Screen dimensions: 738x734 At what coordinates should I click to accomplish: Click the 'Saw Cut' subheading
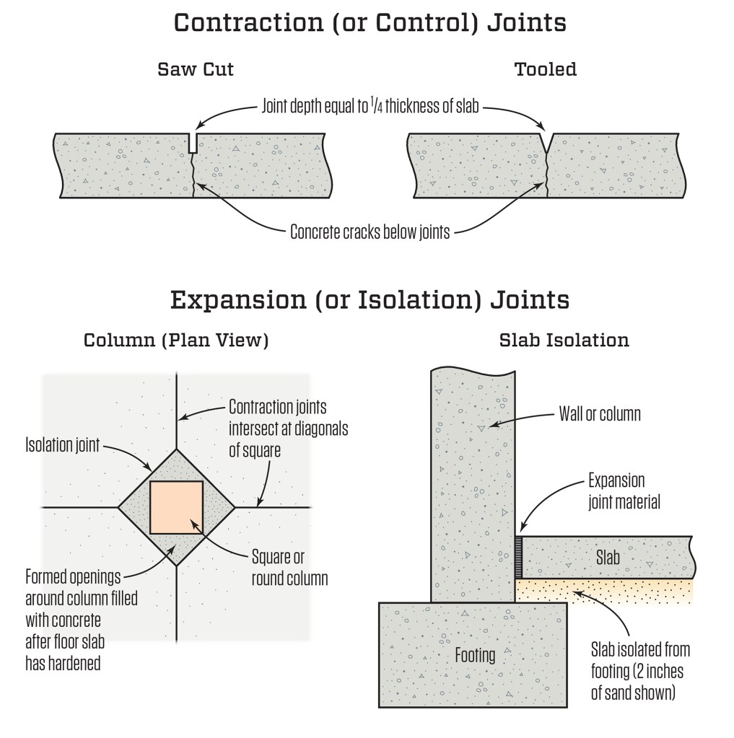click(196, 70)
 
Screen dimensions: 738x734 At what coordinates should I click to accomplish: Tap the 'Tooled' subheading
click(546, 70)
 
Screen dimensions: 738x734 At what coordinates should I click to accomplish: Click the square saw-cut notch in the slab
click(192, 143)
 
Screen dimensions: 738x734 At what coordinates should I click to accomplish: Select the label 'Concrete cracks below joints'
click(370, 232)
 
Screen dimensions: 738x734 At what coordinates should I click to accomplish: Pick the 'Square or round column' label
click(289, 567)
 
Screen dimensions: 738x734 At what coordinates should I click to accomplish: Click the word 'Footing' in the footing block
click(475, 655)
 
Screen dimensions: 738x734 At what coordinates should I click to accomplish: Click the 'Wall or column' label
click(600, 414)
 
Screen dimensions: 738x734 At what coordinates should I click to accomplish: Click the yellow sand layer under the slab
click(606, 590)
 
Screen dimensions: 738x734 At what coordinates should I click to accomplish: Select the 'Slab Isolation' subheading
click(564, 340)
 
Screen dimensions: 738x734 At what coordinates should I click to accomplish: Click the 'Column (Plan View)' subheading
click(176, 340)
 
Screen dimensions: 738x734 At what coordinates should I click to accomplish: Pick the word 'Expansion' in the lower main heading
click(232, 299)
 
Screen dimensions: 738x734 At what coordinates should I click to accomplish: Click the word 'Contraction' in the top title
click(248, 22)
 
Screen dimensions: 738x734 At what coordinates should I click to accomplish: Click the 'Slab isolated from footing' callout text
click(638, 671)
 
